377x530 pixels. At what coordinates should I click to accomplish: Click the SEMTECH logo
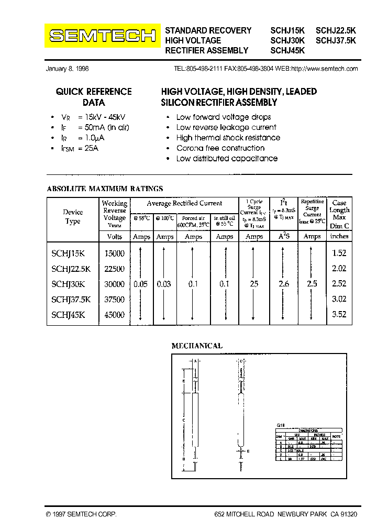[x=103, y=36]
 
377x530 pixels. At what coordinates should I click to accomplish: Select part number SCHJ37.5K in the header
[x=336, y=40]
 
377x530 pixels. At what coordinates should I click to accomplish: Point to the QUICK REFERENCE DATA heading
[x=94, y=97]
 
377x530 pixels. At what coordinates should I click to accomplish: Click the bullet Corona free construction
[x=220, y=148]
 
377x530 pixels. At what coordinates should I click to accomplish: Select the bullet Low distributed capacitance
[x=227, y=159]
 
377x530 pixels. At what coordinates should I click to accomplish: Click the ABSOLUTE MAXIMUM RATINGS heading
[x=105, y=189]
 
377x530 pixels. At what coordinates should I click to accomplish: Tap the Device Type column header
[x=73, y=216]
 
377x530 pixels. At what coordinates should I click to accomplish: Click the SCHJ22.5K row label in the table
[x=71, y=268]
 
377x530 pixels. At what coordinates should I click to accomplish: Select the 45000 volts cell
[x=115, y=315]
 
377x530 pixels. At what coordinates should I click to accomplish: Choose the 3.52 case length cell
[x=339, y=315]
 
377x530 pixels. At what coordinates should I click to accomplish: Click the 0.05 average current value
[x=141, y=284]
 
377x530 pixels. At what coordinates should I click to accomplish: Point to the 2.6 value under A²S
[x=284, y=284]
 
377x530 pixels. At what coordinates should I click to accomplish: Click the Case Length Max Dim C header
[x=339, y=214]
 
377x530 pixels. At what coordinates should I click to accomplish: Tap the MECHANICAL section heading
[x=197, y=346]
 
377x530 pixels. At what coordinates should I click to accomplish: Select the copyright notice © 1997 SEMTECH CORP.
[x=81, y=514]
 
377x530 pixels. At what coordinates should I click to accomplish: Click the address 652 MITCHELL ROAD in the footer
[x=244, y=514]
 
